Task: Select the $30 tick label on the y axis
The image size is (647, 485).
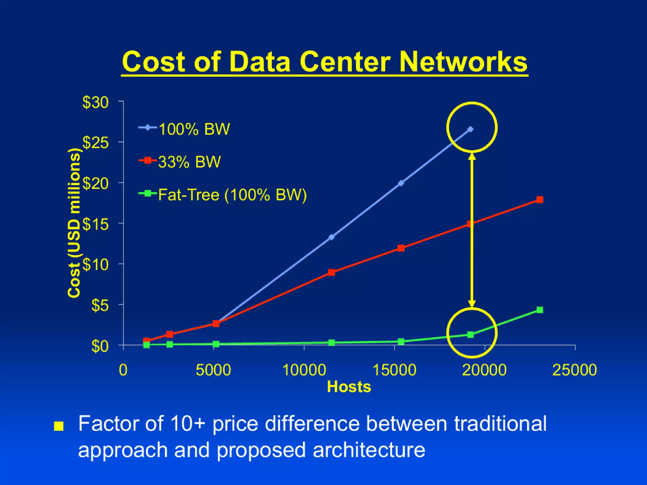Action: [95, 103]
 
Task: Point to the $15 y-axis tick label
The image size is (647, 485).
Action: [95, 225]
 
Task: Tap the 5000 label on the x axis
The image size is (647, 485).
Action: [213, 370]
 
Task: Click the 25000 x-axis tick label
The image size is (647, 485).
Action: [574, 370]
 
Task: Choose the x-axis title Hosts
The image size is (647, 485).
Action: [349, 387]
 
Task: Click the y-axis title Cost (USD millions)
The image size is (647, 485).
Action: [75, 223]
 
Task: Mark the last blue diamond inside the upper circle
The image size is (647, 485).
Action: [470, 129]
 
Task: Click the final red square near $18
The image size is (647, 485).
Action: [540, 200]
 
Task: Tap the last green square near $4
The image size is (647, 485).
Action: [540, 310]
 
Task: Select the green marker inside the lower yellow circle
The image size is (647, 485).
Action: [470, 334]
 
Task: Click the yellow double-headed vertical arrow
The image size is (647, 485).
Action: [472, 231]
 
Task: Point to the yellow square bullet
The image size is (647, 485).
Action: [58, 426]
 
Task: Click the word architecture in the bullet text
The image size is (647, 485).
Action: [369, 450]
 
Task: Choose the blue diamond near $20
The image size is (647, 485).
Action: [401, 183]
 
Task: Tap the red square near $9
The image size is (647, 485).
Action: [331, 272]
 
